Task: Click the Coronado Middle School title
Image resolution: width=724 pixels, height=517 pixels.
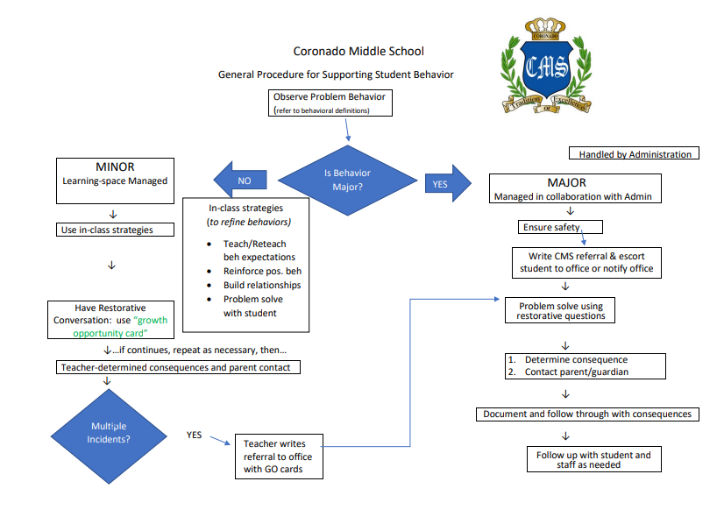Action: coord(359,52)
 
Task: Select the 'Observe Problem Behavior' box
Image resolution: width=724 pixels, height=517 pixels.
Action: coord(330,103)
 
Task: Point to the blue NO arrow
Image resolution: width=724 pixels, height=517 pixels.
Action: coord(246,181)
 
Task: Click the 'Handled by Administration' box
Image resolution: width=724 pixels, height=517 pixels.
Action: coord(635,154)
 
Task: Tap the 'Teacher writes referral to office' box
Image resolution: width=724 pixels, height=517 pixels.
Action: coord(278,456)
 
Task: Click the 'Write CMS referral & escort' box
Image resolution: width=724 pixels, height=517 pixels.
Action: coord(583,262)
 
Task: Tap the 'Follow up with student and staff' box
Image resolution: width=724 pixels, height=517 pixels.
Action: coord(593,459)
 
